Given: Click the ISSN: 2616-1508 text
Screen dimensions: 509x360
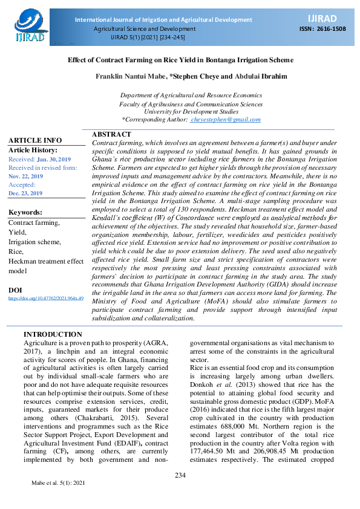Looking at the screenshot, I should [323, 28].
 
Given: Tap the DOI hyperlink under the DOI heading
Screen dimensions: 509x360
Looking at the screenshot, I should [46, 298].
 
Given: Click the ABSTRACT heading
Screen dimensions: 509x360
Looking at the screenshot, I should [111, 134].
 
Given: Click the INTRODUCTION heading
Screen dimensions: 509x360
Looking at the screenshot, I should [53, 334].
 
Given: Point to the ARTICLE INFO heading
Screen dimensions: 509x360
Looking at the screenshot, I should [35, 140].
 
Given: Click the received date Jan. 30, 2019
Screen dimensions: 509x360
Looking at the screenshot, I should [53, 159].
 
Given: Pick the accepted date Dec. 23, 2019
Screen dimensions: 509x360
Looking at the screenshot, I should [25, 193].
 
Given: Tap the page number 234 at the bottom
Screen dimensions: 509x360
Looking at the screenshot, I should [180, 475].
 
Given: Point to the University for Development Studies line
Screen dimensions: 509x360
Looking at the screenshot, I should [191, 112].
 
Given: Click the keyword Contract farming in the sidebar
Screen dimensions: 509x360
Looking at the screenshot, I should [34, 222].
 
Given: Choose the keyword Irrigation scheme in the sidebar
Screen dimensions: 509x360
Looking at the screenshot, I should [34, 242].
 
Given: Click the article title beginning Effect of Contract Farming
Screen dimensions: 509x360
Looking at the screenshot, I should [180, 60].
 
